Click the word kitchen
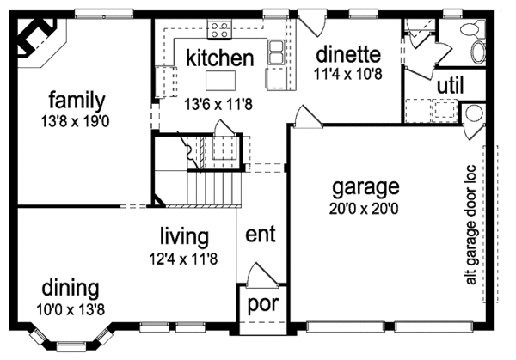point(220,58)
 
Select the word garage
point(365,186)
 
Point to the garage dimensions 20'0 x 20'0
point(365,207)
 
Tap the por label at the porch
point(261,305)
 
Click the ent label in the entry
point(260,235)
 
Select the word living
point(184,235)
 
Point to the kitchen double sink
point(277,52)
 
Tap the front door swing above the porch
point(258,277)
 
